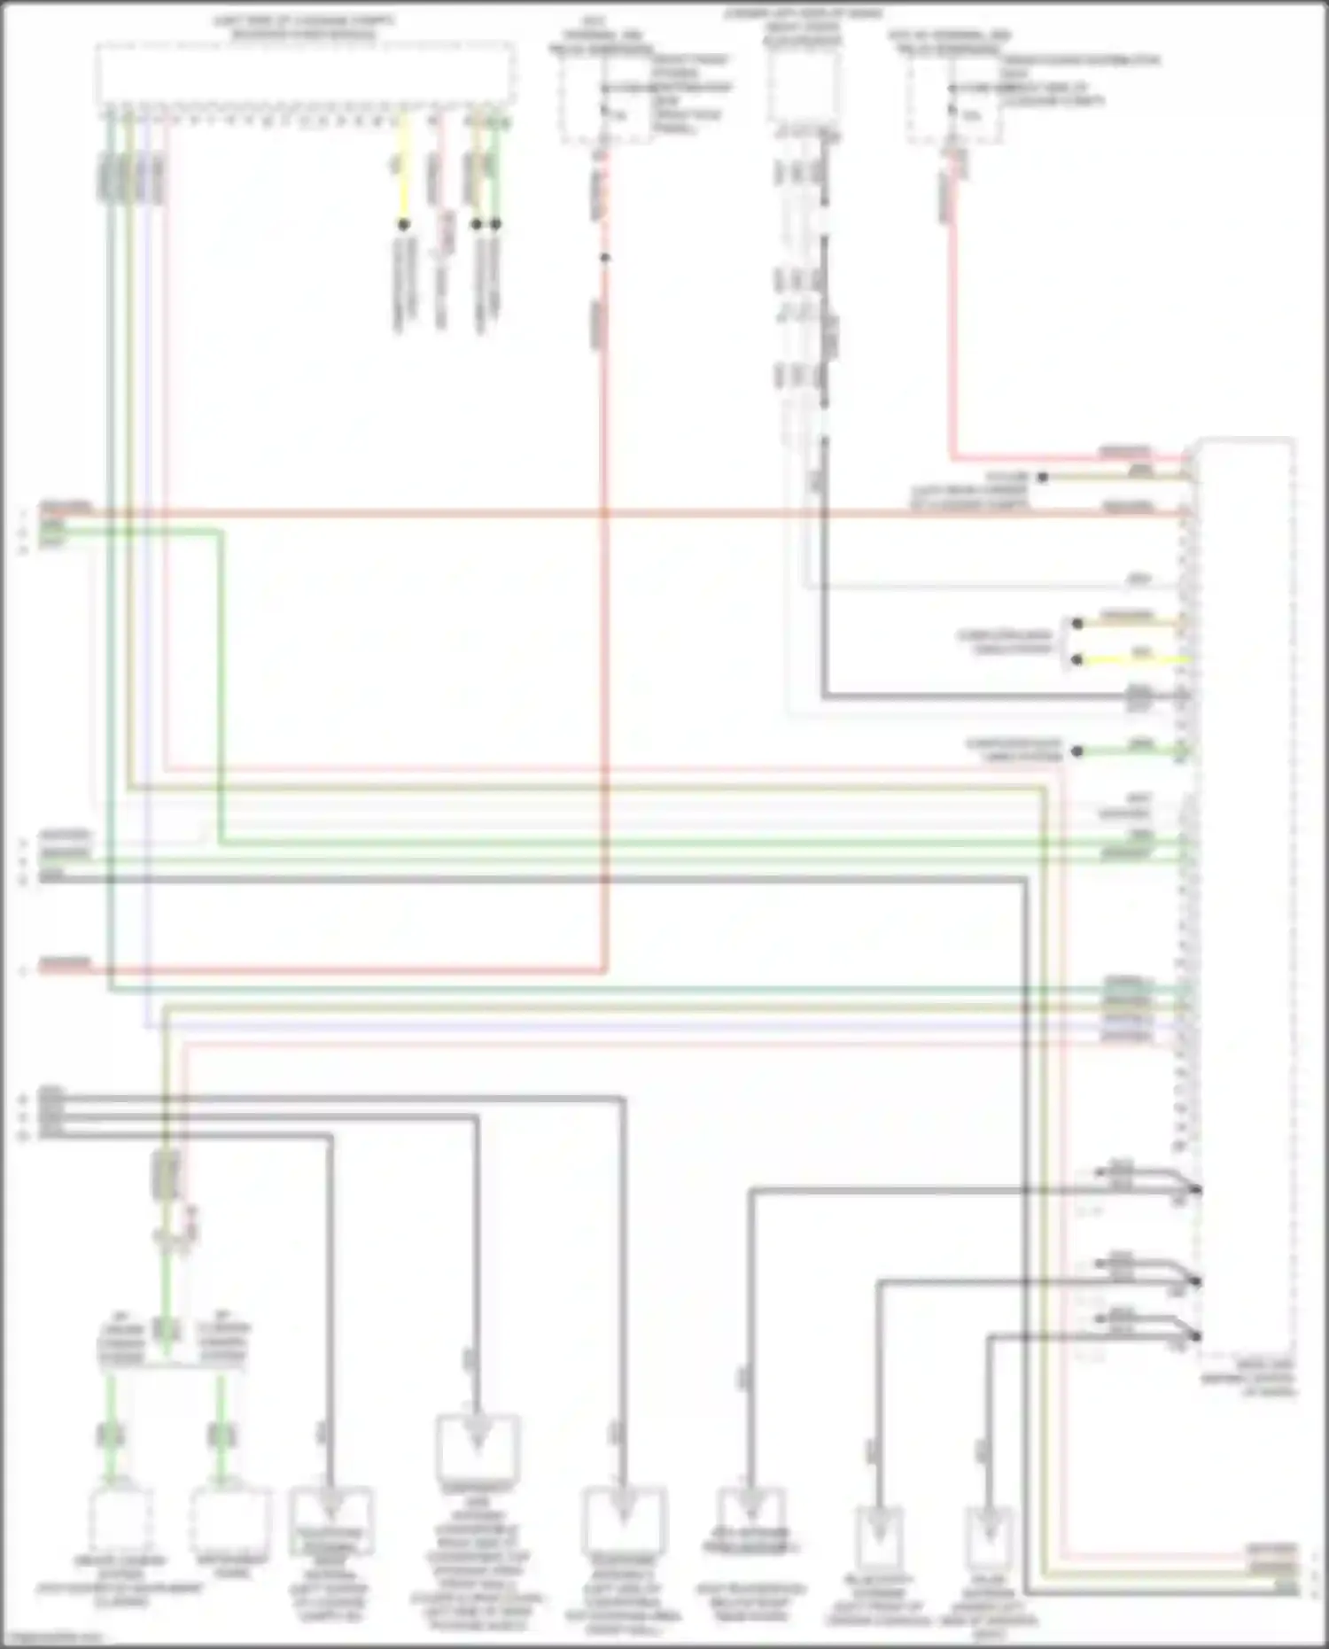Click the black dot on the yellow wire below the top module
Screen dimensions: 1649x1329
pyautogui.click(x=403, y=225)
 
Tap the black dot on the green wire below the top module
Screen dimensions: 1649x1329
pyautogui.click(x=496, y=225)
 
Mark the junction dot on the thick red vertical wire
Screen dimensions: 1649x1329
pyautogui.click(x=605, y=258)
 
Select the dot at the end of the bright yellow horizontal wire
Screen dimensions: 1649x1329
pyautogui.click(x=1077, y=660)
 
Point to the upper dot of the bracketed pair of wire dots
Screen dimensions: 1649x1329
pyautogui.click(x=1077, y=624)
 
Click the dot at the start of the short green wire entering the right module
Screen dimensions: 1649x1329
pyautogui.click(x=1077, y=751)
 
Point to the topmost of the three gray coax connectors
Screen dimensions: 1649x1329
pyautogui.click(x=1195, y=1189)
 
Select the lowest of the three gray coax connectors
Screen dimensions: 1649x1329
pyautogui.click(x=1195, y=1335)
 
